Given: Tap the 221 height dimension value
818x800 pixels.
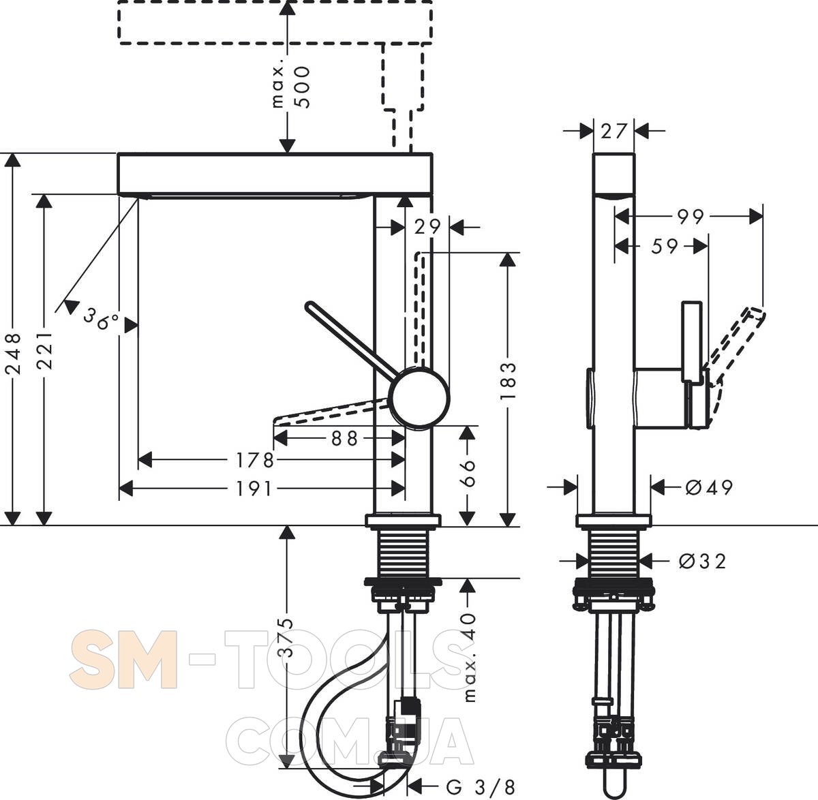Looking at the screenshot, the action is tap(44, 350).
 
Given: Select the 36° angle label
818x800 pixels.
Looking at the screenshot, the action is tap(102, 318).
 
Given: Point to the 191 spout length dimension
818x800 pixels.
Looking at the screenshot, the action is tap(254, 489).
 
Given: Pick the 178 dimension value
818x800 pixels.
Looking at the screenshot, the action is tap(255, 460).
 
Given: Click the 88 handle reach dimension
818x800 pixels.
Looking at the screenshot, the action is tap(344, 439).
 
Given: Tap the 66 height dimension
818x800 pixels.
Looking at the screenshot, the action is tap(467, 473).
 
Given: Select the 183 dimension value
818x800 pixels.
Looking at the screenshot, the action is tap(508, 381).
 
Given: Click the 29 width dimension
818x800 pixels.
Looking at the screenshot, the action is tap(427, 228).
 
